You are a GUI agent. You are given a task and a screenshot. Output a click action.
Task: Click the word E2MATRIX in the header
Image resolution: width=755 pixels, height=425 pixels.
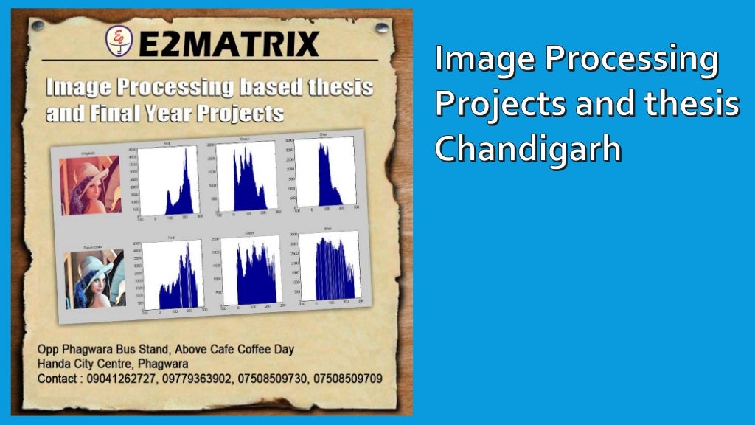pyautogui.click(x=229, y=44)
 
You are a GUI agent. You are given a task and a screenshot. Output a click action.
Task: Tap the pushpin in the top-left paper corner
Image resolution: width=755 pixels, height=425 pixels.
pyautogui.click(x=38, y=25)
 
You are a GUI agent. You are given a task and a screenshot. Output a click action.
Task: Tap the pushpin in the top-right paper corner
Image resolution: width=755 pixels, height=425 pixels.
pyautogui.click(x=381, y=27)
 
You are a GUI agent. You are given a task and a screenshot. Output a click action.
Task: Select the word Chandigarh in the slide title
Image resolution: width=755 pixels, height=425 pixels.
pyautogui.click(x=527, y=148)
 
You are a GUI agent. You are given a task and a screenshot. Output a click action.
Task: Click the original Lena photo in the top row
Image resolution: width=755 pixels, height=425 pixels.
pyautogui.click(x=90, y=184)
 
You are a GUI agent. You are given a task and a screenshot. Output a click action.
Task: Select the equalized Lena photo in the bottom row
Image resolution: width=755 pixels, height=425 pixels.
pyautogui.click(x=94, y=277)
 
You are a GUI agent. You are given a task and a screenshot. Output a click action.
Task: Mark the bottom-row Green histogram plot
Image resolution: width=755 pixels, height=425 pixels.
pyautogui.click(x=252, y=271)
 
